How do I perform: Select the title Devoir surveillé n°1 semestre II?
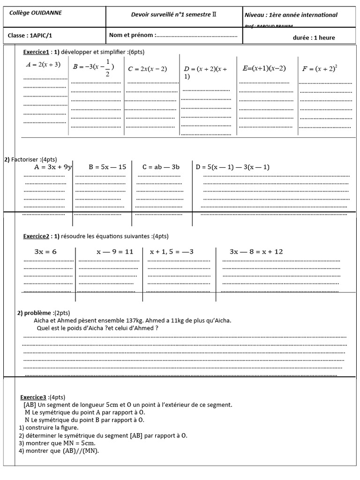click(174, 15)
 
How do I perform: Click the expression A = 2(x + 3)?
click(43, 65)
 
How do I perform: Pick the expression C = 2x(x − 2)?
click(147, 69)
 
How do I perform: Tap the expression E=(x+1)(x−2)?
click(264, 68)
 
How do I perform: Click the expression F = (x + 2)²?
click(320, 68)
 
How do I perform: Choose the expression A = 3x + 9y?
click(53, 167)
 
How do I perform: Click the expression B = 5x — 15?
click(107, 167)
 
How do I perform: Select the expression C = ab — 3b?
click(162, 167)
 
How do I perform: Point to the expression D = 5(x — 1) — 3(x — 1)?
click(232, 167)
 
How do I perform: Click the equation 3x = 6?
click(46, 252)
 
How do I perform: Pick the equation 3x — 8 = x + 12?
click(256, 252)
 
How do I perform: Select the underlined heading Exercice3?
click(34, 397)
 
